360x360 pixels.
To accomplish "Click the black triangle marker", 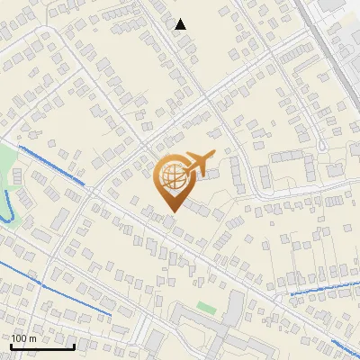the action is point(181,24).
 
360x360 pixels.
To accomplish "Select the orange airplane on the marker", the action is point(199,164).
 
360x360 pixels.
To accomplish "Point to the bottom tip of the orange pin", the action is point(171,211).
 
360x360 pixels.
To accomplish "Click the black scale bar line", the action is point(42,346).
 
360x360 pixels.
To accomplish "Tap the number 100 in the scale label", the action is point(19,337).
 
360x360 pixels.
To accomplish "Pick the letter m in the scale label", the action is point(32,337).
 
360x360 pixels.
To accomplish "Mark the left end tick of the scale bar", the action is point(11,345).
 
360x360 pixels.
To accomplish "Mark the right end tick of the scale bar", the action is point(75,345).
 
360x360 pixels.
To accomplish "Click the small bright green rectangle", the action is point(206,308).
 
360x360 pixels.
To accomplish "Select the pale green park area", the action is point(7,166).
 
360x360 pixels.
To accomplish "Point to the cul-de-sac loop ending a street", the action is point(321,144).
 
